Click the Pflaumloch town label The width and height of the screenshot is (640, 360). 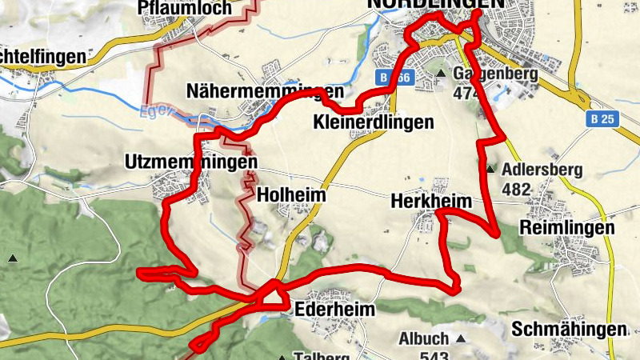(x=185, y=8)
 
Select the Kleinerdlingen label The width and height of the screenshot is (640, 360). (x=374, y=122)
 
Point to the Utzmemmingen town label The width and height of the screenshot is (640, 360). (x=191, y=162)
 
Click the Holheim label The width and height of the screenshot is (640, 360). (x=290, y=194)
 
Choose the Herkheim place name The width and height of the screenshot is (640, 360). (x=431, y=202)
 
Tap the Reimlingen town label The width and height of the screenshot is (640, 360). (x=567, y=227)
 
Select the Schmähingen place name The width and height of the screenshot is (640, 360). (x=568, y=330)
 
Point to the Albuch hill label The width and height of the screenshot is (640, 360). (x=423, y=338)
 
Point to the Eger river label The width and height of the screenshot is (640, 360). (x=153, y=111)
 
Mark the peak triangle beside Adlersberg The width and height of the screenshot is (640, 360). (x=490, y=169)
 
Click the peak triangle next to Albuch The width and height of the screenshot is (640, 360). (x=460, y=338)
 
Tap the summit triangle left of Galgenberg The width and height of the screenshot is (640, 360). (x=441, y=74)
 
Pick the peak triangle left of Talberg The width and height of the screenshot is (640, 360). (x=282, y=358)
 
